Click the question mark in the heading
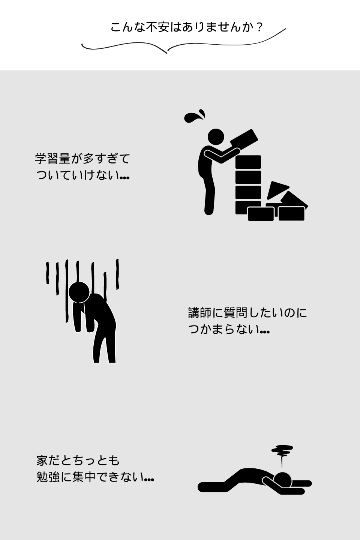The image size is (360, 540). tap(259, 28)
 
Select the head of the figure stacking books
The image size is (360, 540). tap(216, 136)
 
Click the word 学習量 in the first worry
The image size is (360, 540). tap(53, 159)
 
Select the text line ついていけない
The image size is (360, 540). tap(82, 175)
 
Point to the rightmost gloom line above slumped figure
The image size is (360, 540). tap(117, 274)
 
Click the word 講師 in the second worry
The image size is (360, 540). tap(199, 313)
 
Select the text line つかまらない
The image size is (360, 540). tap(229, 329)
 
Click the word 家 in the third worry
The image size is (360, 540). tap(42, 460)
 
